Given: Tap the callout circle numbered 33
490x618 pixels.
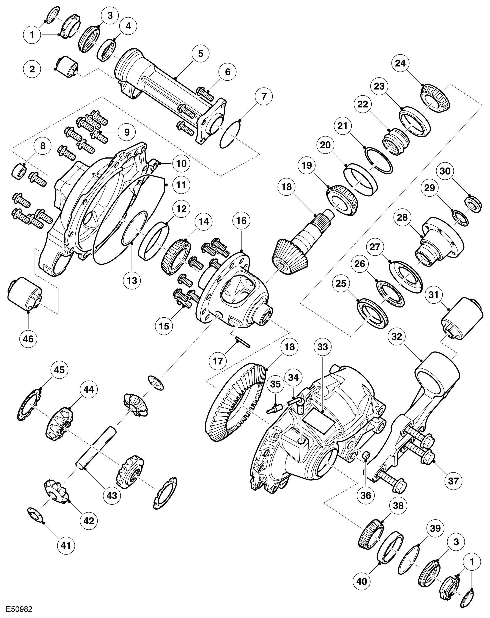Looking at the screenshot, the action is tap(322, 347).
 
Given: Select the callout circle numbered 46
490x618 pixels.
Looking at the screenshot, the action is tap(28, 339).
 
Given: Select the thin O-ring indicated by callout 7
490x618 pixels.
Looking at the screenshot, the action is tap(230, 135).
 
